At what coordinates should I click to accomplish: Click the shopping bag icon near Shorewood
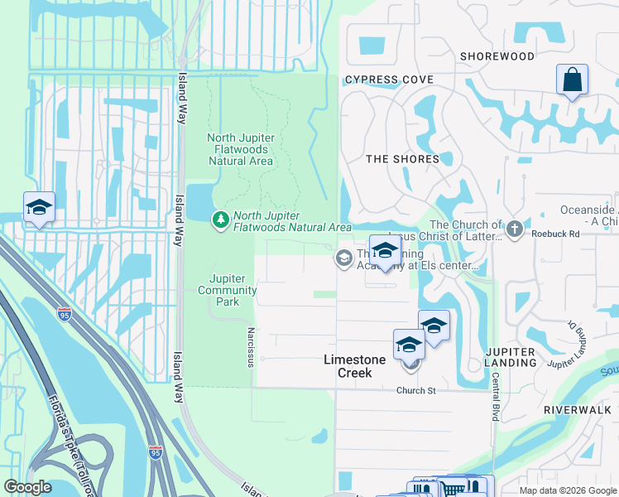click(572, 80)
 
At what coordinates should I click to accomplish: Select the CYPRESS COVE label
click(389, 80)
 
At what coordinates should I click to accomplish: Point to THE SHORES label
click(402, 159)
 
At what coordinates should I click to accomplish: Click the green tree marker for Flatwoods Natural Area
click(220, 220)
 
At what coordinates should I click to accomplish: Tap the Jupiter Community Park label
click(227, 290)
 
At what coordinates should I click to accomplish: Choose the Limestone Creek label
click(358, 365)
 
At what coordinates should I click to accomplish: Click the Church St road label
click(415, 391)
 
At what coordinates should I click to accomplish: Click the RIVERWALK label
click(577, 410)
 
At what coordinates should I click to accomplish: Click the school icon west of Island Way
click(39, 208)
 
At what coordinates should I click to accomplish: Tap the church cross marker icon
click(514, 229)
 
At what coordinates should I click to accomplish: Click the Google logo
click(28, 486)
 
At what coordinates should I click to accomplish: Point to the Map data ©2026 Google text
click(567, 490)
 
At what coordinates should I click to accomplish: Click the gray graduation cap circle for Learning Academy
click(343, 259)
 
